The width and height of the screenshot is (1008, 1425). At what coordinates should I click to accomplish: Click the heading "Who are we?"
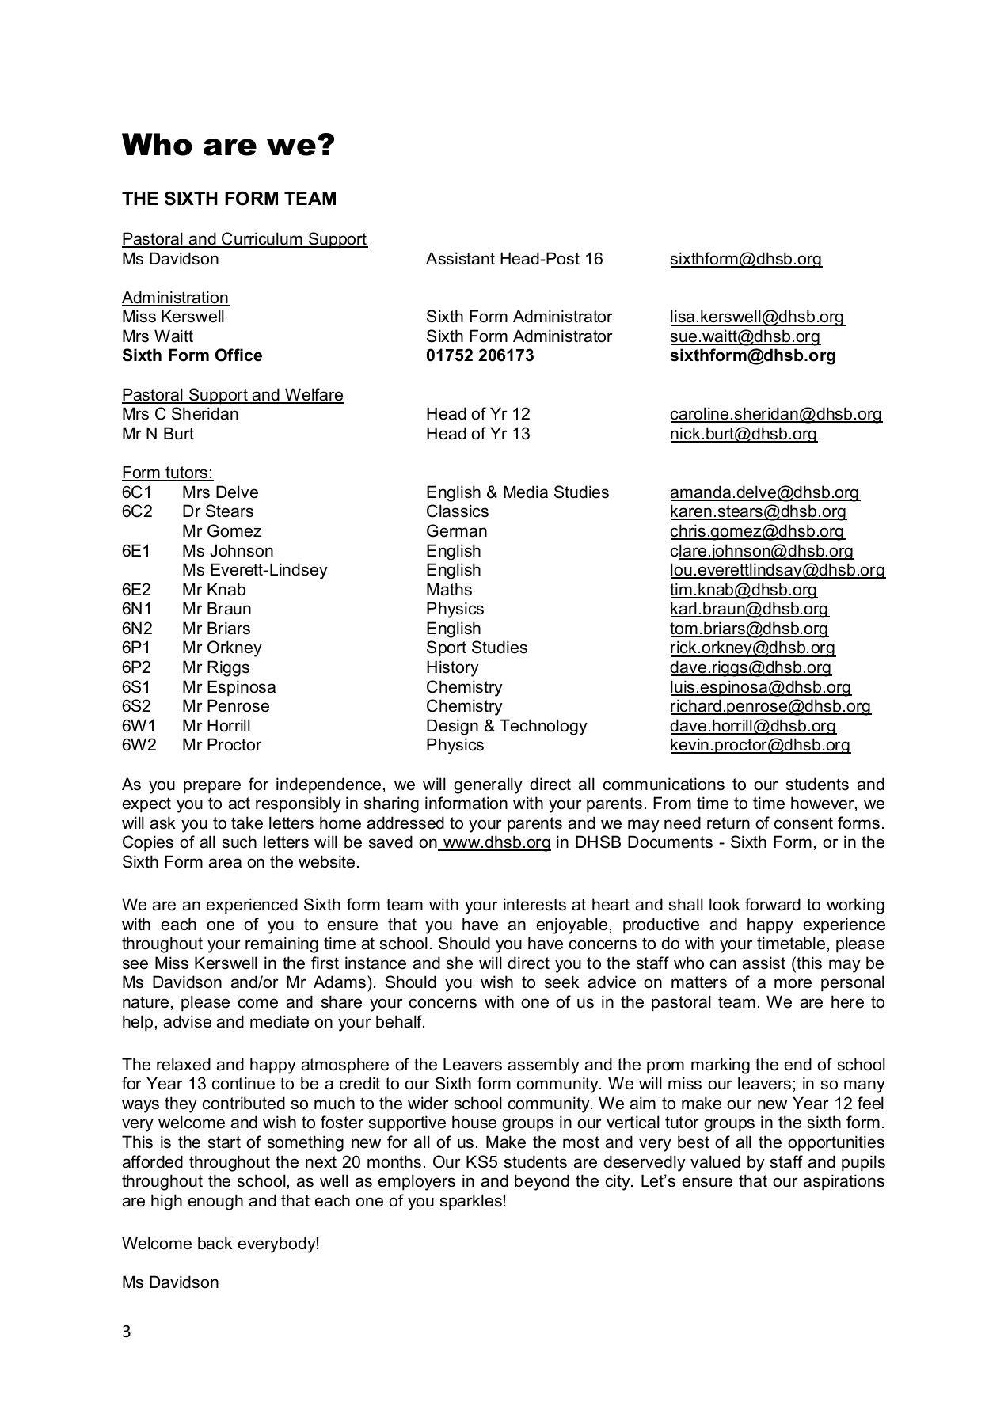click(228, 146)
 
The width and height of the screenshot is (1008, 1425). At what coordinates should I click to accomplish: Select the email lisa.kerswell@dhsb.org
click(757, 317)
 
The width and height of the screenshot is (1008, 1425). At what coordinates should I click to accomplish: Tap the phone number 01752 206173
click(480, 355)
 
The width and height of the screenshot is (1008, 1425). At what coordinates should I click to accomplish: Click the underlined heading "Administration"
click(175, 298)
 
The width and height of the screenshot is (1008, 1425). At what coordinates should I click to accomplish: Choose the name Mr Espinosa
click(229, 687)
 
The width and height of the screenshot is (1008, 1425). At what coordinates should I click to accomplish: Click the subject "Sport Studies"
click(476, 648)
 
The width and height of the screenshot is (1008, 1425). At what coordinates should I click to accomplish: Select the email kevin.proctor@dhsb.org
click(760, 745)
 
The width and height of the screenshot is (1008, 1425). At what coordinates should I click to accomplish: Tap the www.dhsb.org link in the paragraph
click(496, 842)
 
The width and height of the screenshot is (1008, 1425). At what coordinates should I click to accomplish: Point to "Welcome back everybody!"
click(221, 1244)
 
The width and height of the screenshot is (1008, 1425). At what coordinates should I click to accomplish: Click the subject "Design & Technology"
click(506, 726)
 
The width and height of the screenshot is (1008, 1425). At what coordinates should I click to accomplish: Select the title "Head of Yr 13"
click(477, 434)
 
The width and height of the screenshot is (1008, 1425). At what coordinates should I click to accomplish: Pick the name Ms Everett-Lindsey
click(254, 570)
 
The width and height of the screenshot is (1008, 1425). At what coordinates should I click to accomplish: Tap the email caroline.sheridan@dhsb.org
click(775, 414)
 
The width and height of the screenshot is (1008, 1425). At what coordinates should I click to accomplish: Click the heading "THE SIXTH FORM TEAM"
click(229, 199)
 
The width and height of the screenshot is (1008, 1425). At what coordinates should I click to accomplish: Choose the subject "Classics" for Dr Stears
click(457, 511)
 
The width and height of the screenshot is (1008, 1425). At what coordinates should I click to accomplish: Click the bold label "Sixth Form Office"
click(192, 355)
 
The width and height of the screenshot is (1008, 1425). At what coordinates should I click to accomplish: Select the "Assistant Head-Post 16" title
click(514, 259)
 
